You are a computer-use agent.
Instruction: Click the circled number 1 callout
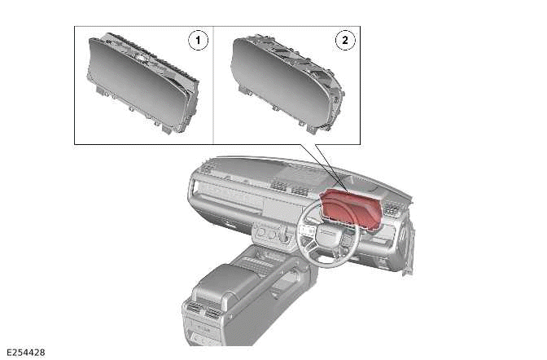198,40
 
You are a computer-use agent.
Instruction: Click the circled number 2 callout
345,40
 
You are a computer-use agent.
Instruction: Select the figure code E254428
26,353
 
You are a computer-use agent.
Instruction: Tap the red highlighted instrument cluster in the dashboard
351,209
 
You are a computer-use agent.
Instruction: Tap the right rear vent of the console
212,314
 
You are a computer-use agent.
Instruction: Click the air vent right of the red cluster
393,209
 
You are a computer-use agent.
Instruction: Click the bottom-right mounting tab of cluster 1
168,129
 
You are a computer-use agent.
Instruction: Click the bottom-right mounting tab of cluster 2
311,129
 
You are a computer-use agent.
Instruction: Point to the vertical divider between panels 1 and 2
213,86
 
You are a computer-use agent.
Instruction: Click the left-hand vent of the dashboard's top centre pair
279,186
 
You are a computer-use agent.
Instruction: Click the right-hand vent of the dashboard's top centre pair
299,191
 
